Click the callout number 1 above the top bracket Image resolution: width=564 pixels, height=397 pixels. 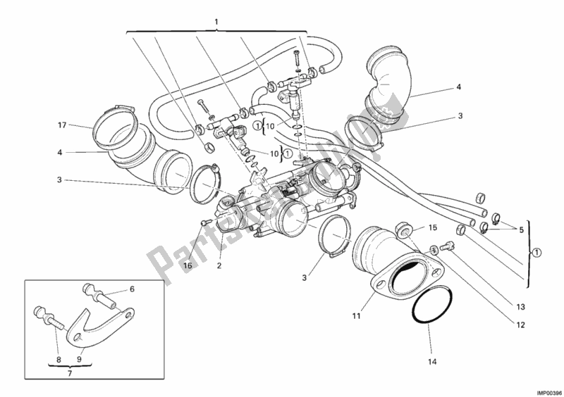tap(216, 23)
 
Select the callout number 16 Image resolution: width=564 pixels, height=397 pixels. tap(188, 265)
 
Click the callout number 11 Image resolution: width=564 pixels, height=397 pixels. tap(357, 317)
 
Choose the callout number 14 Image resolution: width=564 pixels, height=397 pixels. tap(433, 363)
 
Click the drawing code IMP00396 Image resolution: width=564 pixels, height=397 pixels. tap(544, 391)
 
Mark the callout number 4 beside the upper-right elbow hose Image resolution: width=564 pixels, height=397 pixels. tap(458, 88)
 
